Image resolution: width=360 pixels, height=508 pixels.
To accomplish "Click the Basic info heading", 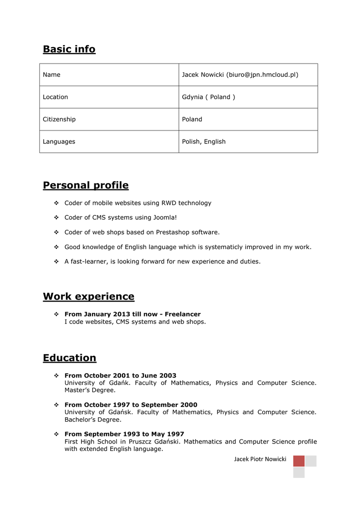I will [69, 49].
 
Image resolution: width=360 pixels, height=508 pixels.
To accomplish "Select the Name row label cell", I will [52, 75].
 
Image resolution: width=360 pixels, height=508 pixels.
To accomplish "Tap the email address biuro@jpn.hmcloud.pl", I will [262, 75].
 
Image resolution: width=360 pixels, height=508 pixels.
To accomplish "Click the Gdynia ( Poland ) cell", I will [209, 97].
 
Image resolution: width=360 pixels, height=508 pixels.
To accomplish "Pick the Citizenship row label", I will [59, 120].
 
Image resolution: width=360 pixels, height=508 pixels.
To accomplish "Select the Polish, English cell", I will [204, 142].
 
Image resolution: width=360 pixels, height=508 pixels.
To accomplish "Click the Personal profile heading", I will [85, 186].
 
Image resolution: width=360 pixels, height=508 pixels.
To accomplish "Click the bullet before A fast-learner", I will [56, 261].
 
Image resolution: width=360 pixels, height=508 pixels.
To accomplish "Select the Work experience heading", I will [88, 297].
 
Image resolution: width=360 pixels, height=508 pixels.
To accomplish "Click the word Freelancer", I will [183, 315].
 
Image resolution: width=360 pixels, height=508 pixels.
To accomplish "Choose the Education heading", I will [70, 358].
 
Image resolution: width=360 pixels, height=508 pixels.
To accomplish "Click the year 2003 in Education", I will [167, 376].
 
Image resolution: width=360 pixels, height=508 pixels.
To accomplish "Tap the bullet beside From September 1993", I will [56, 434].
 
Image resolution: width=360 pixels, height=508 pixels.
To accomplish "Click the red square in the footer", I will [298, 461].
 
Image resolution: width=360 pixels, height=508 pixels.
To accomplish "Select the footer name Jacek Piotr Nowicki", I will [260, 459].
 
